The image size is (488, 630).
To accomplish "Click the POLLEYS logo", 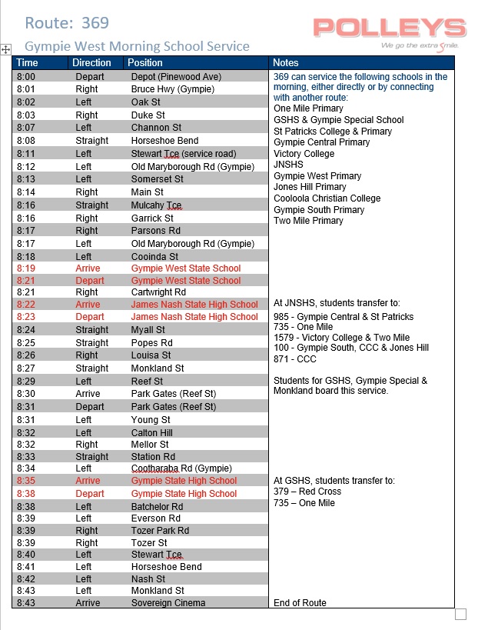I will (x=390, y=30).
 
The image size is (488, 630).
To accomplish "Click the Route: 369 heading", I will (x=67, y=23).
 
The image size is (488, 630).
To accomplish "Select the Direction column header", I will (x=91, y=62).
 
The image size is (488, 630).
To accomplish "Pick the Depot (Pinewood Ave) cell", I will (x=176, y=77).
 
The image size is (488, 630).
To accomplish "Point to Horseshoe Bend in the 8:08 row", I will (x=164, y=141).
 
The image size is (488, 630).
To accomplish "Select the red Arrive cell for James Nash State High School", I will (x=88, y=305).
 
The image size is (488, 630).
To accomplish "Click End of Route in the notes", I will (x=300, y=603).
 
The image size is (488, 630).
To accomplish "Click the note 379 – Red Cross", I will (x=307, y=492).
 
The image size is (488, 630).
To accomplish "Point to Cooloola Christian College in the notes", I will (x=327, y=198).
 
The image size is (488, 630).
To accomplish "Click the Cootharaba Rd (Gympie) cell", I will (x=181, y=468).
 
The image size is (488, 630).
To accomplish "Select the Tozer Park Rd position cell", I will (x=160, y=531).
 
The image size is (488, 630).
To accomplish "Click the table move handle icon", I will (x=5, y=49).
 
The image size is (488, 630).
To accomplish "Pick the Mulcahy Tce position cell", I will (x=156, y=205).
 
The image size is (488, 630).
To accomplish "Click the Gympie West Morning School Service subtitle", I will (x=137, y=46).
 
